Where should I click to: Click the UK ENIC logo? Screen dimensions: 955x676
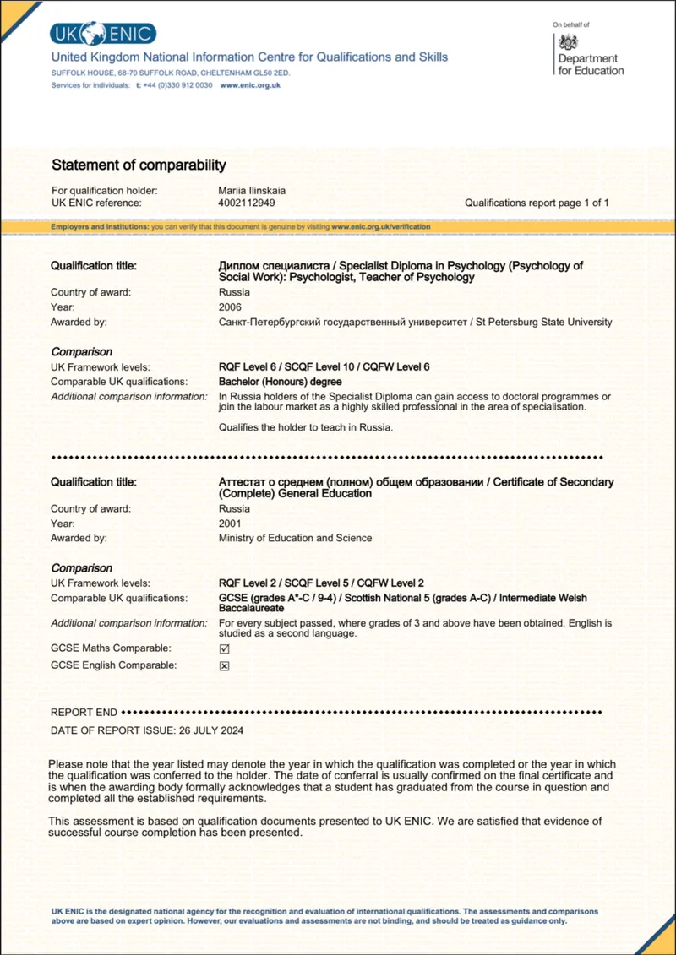102,34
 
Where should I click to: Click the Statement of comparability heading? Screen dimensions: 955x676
139,165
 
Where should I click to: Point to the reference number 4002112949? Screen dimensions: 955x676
247,203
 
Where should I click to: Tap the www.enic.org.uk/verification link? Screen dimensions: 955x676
380,227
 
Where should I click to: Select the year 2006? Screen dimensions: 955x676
230,307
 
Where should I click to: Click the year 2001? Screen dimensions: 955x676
230,524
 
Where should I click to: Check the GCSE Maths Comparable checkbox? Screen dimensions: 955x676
225,648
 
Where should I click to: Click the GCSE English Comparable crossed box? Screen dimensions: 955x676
225,665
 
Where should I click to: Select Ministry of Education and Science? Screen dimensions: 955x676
295,538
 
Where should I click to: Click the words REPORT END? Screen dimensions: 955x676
84,713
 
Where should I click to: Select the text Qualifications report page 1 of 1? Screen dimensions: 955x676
537,203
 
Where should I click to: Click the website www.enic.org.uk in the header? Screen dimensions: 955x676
250,85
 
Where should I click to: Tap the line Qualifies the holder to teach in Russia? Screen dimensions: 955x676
306,427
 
